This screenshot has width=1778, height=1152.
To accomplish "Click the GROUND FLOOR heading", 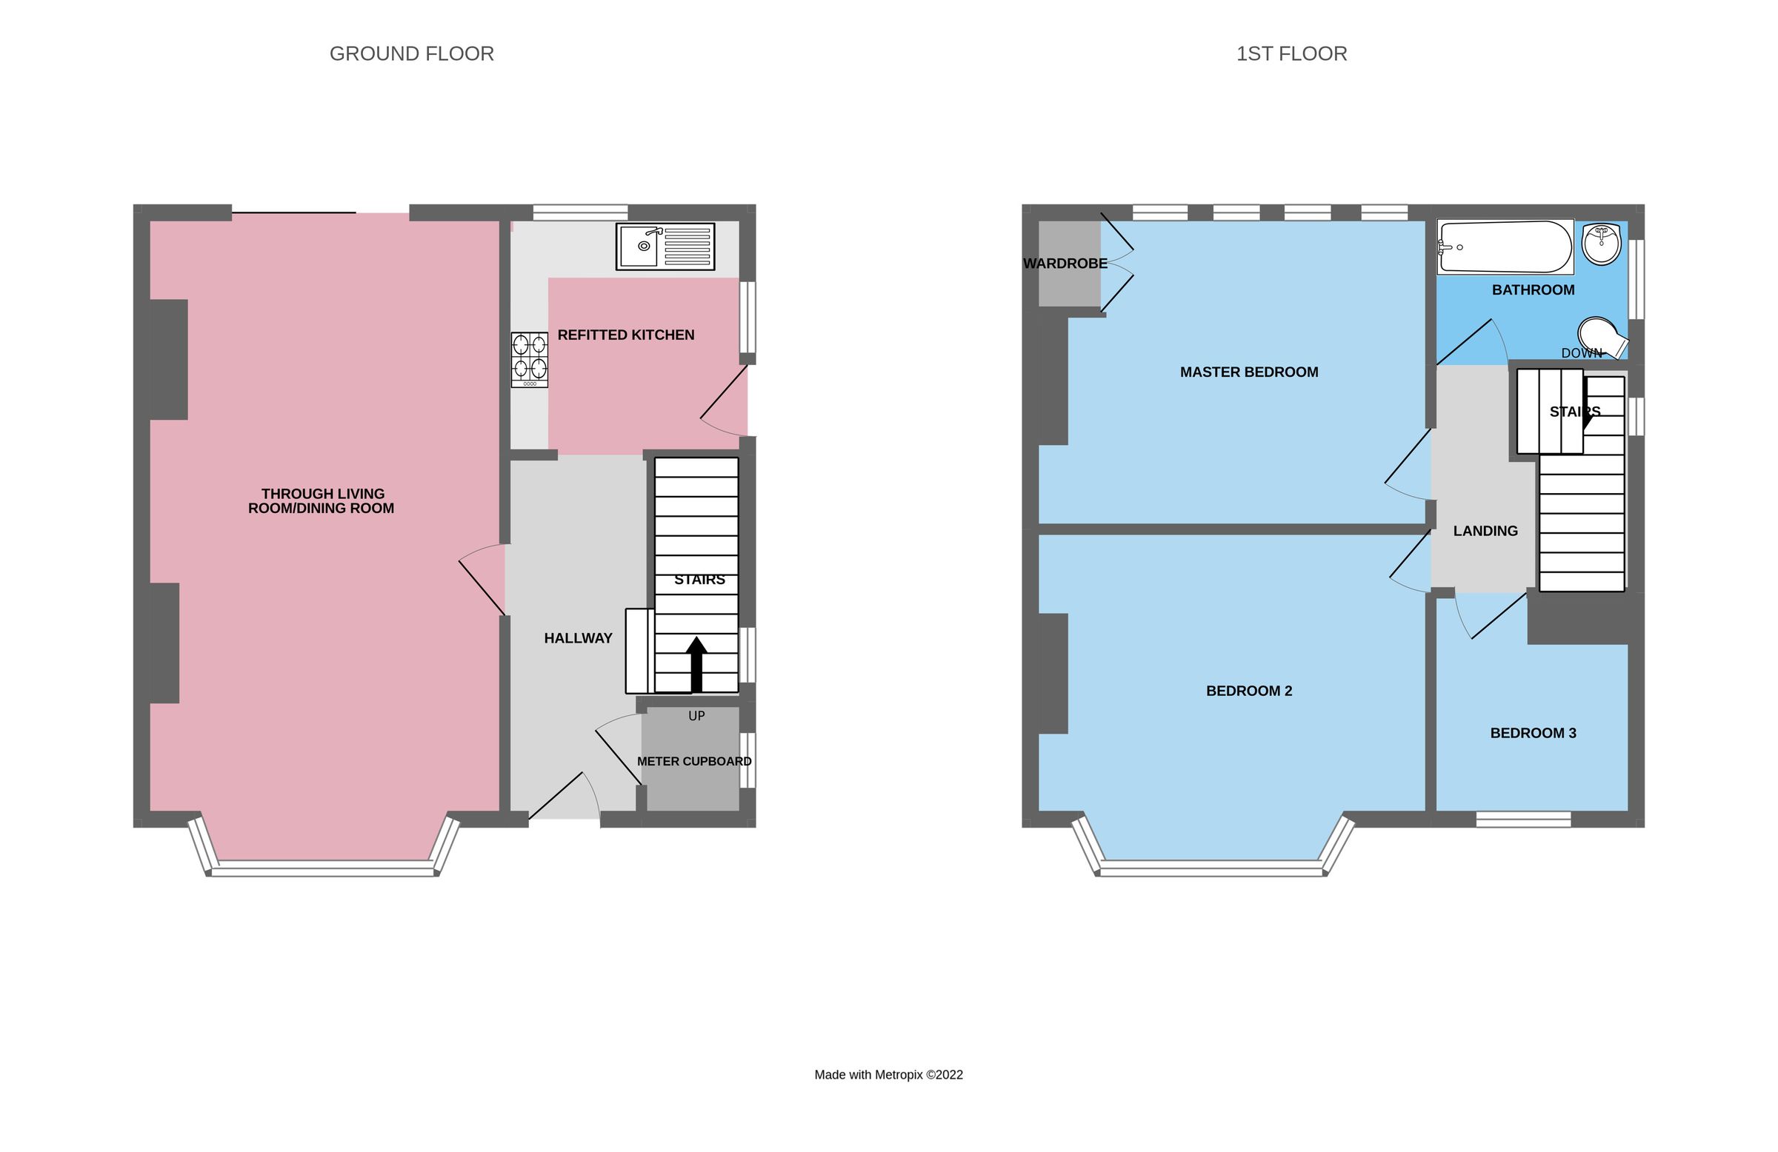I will point(412,54).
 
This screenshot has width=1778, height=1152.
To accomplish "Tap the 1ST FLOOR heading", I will point(1291,54).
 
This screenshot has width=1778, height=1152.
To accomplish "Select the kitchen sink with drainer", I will point(665,247).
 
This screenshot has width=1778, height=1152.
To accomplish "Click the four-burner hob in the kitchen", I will point(529,359).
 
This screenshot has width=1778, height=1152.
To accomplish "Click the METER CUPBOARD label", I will point(694,761).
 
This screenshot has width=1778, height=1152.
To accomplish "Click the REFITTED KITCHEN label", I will point(626,335).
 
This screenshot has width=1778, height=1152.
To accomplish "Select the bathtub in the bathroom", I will point(1505,247).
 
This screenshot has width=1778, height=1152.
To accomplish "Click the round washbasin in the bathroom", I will point(1601,244).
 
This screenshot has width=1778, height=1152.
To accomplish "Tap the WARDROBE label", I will point(1065,263).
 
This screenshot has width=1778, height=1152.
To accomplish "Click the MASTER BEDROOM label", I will point(1248,372).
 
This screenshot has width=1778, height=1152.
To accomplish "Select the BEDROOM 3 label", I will point(1533,732).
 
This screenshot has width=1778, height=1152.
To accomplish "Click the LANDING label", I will point(1485,531).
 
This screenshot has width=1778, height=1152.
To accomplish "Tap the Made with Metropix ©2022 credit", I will point(888,1074).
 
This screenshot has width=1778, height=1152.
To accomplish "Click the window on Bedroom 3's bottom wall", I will point(1523,819).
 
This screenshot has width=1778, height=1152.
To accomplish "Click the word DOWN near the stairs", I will point(1582,353).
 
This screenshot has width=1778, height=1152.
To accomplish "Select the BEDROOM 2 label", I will point(1248,691).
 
